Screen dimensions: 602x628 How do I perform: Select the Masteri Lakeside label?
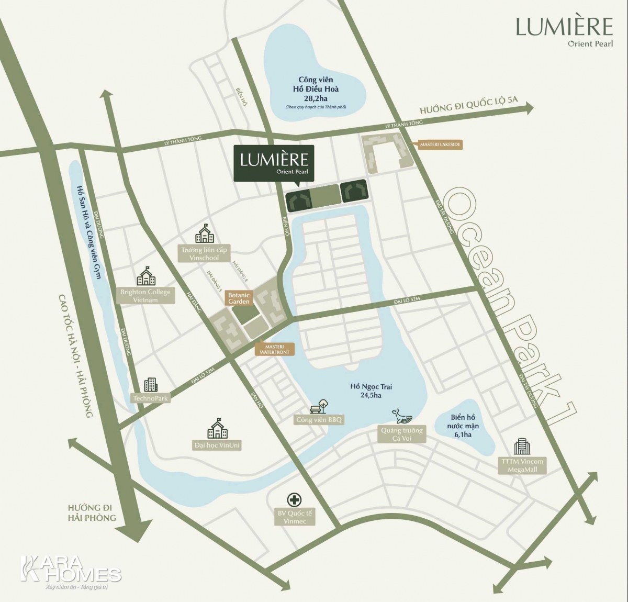[x=440, y=144]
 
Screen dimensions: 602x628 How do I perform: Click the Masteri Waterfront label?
[x=274, y=349]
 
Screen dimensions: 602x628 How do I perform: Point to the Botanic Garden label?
[x=239, y=298]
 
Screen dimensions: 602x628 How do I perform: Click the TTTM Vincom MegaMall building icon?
[x=522, y=447]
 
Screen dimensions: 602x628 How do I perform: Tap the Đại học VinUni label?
[x=217, y=445]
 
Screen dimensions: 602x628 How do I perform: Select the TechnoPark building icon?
[x=150, y=385]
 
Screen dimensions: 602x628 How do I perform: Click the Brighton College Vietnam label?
[x=145, y=296]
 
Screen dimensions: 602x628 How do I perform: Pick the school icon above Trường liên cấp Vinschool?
[x=205, y=234]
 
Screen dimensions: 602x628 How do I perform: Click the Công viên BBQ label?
[x=319, y=420]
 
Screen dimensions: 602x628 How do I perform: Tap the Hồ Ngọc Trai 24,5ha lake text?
[x=371, y=391]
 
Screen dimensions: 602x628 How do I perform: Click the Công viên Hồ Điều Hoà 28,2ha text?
[x=316, y=90]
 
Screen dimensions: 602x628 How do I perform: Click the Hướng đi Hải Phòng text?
[x=92, y=512]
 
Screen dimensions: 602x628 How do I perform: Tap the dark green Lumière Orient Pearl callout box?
[x=274, y=163]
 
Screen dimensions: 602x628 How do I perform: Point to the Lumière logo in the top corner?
[x=564, y=31]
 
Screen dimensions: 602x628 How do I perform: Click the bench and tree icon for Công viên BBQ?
[x=319, y=406]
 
